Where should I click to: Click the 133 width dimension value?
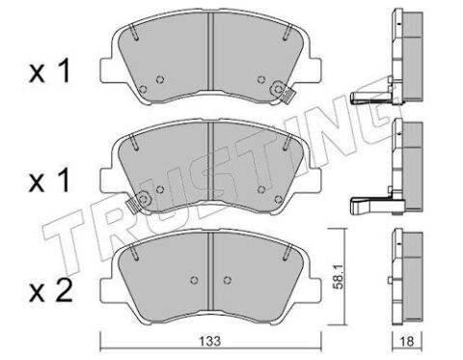(211, 341)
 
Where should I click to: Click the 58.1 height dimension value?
(339, 277)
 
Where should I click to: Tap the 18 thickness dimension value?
(407, 342)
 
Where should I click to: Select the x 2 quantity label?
(51, 292)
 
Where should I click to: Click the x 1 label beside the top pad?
(50, 72)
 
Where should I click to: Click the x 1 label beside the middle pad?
(50, 181)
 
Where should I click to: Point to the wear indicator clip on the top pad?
(284, 92)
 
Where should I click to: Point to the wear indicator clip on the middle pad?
(138, 203)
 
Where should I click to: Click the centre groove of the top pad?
(210, 51)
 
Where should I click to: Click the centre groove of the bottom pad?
(210, 270)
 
